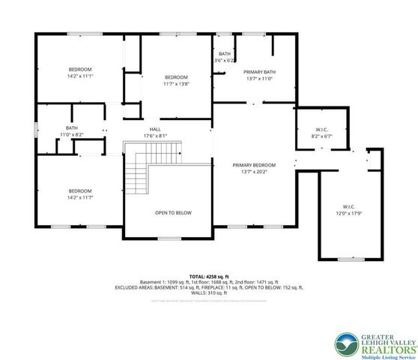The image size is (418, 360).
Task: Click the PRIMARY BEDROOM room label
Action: [x=254, y=165]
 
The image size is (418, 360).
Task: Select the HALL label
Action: [x=155, y=129]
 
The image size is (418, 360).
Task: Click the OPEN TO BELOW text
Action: [x=173, y=212]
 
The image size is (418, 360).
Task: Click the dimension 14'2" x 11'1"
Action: [x=79, y=76]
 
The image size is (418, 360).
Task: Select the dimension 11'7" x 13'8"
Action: [x=176, y=84]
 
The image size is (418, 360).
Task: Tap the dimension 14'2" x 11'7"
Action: [x=79, y=197]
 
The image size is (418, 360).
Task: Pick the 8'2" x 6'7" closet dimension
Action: [x=321, y=136]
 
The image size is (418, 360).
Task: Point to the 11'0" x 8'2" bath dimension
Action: [x=72, y=134]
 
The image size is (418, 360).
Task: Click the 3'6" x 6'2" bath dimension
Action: [x=225, y=60]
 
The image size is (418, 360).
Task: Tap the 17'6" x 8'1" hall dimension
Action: [x=155, y=136]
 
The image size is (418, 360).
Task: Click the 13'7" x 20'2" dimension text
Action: [x=254, y=172]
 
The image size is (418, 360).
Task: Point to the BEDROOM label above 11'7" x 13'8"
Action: [x=176, y=77]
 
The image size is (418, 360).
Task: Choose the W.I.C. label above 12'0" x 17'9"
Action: [x=348, y=206]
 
